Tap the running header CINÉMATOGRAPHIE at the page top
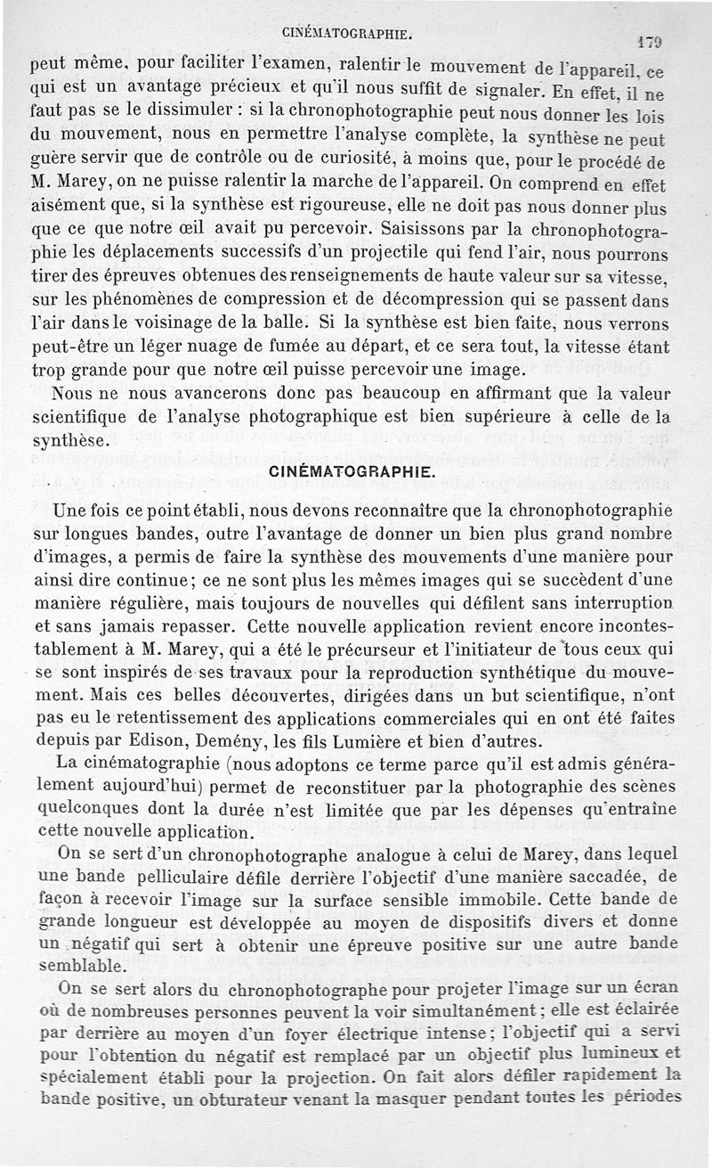coord(348,35)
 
